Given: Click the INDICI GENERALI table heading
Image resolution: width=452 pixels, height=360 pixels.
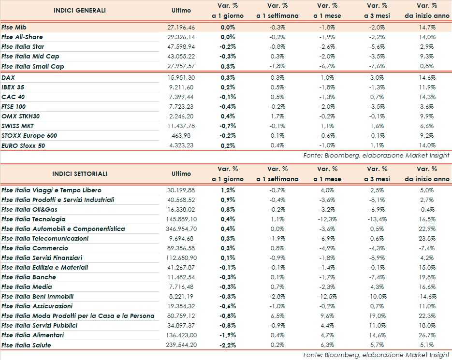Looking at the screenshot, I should [79, 10].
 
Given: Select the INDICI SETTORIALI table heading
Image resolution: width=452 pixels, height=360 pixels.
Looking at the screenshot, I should [79, 174].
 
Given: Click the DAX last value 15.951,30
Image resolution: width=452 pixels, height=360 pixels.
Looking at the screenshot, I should [181, 78].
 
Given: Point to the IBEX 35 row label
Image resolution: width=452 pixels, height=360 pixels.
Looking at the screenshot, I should [14, 87].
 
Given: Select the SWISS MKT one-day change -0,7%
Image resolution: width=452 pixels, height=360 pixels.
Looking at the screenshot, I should [228, 126].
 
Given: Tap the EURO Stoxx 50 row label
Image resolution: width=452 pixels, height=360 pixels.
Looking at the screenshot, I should [23, 145].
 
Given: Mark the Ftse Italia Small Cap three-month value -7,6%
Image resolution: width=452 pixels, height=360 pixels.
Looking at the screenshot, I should [377, 66].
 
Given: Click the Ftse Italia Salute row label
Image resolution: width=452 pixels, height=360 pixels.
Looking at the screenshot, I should [26, 345].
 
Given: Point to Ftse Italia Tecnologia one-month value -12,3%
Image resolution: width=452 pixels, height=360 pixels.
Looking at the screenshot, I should [328, 219].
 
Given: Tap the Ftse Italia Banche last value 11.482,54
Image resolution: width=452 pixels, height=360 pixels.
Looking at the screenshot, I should [181, 277].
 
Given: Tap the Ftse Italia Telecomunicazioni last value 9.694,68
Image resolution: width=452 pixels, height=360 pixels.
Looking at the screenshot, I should [181, 239].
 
